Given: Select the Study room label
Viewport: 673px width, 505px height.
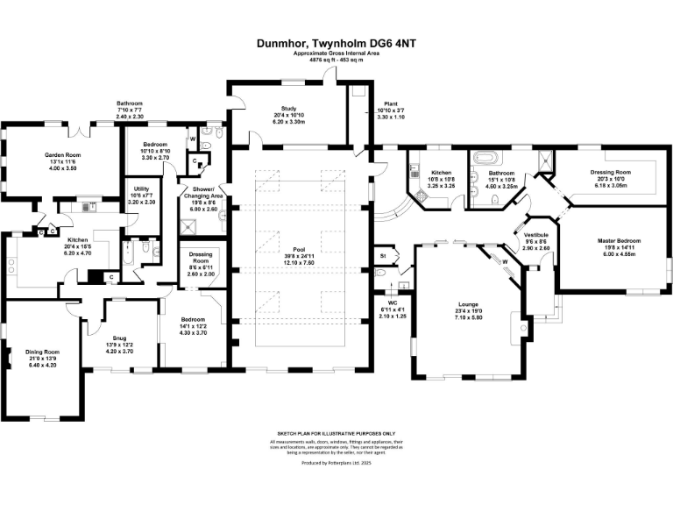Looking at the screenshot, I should pos(287,109).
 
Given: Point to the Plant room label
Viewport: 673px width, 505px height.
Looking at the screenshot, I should pos(379,103).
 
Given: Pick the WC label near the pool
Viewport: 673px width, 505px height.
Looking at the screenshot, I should pos(393,302).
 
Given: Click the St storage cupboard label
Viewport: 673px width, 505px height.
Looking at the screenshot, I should pos(382,256).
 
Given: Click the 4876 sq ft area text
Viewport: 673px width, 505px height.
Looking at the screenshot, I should pos(336,60).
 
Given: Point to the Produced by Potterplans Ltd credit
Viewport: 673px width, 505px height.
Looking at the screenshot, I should pos(336,462).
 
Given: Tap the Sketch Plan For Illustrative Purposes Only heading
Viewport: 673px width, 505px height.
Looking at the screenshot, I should pos(336,433).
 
